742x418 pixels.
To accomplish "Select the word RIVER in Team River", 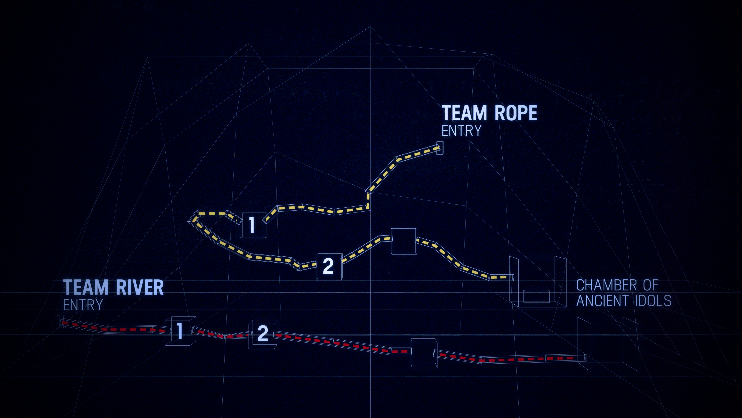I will [140, 287].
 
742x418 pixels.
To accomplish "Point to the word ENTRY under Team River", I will [83, 305].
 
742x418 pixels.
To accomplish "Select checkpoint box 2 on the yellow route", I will [329, 266].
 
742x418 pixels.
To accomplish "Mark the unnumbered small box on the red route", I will [424, 353].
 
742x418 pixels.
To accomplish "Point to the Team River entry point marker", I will [61, 322].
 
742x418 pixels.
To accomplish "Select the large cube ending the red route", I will [608, 344].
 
